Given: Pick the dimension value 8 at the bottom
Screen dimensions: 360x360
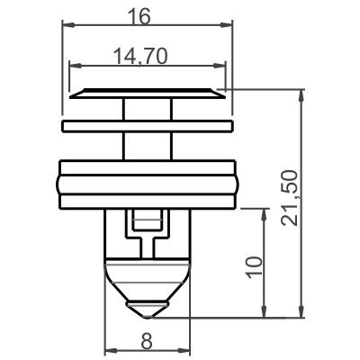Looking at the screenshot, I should [x=147, y=339].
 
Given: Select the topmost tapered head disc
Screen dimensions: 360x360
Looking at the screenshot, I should [x=148, y=93].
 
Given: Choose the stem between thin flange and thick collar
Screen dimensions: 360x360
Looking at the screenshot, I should [x=148, y=145].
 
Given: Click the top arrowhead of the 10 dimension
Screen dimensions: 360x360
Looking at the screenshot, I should [x=265, y=212].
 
